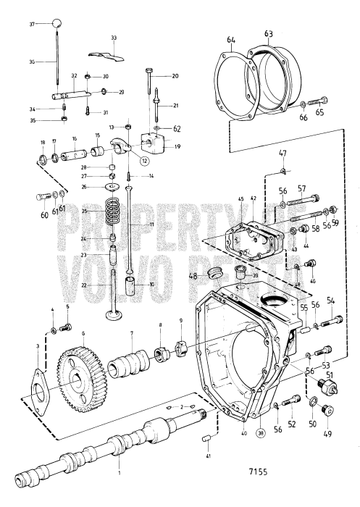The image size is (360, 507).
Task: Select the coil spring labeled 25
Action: pos(112,213)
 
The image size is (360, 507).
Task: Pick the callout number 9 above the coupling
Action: pos(180,321)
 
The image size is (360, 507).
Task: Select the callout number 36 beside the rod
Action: pos(32,63)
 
